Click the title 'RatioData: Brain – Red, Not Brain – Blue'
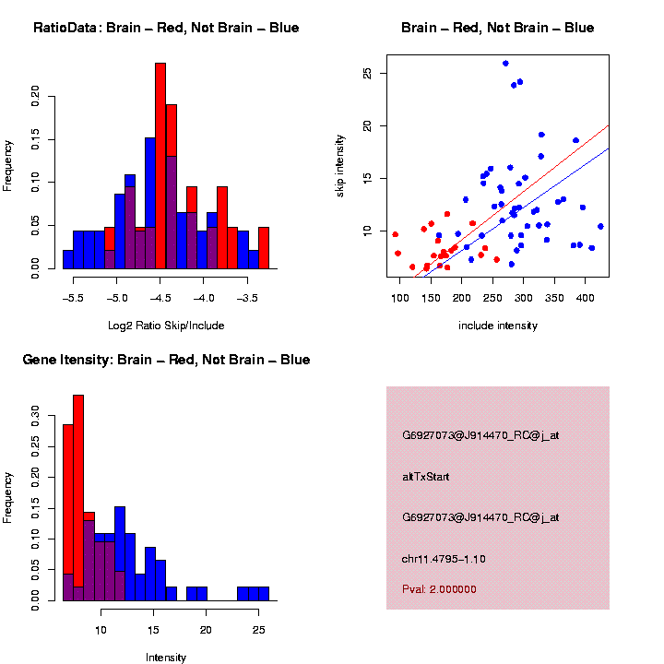(x=166, y=28)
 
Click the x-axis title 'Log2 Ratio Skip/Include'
(x=166, y=326)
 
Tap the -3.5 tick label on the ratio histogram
(x=248, y=299)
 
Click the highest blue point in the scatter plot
(x=505, y=64)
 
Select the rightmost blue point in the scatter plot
(x=600, y=226)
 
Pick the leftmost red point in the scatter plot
(x=395, y=234)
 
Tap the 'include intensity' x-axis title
(x=498, y=326)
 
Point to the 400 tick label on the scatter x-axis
(x=585, y=299)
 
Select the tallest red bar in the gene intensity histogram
(x=78, y=498)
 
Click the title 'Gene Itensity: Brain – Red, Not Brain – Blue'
(x=166, y=360)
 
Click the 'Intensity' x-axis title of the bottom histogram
(x=166, y=658)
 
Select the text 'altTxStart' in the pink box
(x=425, y=477)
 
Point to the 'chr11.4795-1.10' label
(x=444, y=559)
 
